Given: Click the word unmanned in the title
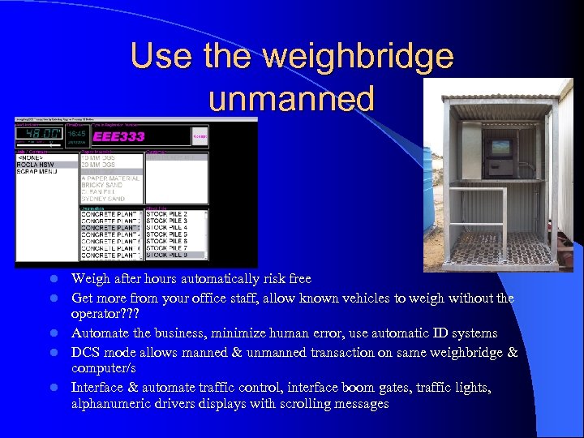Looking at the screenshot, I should tap(291, 98).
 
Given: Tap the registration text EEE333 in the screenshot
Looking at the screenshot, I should tap(119, 137).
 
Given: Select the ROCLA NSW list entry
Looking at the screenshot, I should tap(37, 165).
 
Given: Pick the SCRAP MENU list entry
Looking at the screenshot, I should tap(39, 172).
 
